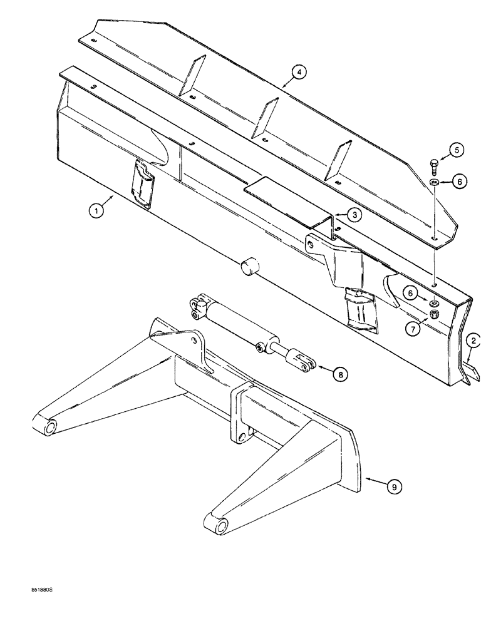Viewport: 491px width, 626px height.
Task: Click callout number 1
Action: pyautogui.click(x=96, y=212)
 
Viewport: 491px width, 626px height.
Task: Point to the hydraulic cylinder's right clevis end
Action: pyautogui.click(x=301, y=363)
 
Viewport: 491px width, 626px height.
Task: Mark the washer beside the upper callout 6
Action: pyautogui.click(x=433, y=182)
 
